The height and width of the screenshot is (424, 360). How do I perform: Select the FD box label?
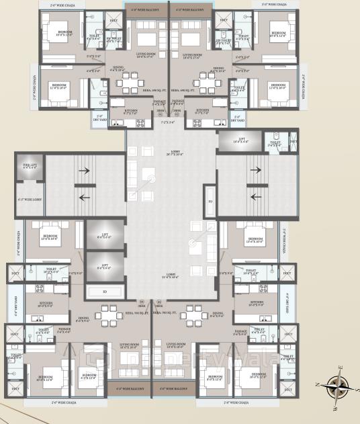pos(210,201)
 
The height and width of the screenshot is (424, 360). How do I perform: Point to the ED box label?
pos(105,292)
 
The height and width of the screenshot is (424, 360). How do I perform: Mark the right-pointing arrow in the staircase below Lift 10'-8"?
pos(257,172)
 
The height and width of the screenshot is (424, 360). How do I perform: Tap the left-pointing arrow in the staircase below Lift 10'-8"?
pos(257,197)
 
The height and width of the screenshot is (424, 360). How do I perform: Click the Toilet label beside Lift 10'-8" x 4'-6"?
pos(275,142)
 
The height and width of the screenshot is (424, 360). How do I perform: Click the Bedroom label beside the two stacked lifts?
pos(50,237)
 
